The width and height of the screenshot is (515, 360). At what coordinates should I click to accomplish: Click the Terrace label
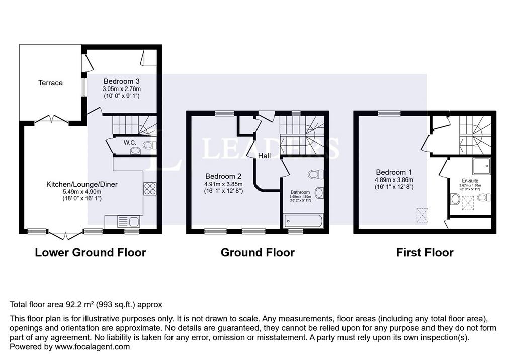click(50, 83)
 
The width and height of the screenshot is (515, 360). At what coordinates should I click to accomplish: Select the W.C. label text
click(130, 143)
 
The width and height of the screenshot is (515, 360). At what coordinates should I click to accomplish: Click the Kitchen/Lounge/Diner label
click(82, 184)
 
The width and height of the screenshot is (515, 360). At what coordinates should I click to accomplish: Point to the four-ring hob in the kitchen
click(150, 189)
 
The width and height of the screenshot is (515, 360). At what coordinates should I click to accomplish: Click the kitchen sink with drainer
click(128, 222)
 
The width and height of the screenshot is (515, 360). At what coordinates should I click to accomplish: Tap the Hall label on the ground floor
click(265, 156)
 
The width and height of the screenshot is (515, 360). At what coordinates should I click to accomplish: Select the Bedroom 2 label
click(223, 176)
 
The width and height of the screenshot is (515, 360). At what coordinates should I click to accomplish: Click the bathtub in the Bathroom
click(303, 221)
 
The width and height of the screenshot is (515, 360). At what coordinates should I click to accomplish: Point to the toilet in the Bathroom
click(316, 174)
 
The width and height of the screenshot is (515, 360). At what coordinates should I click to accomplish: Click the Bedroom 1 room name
click(394, 172)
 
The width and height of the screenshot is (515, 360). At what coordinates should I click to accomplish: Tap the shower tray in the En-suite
click(481, 166)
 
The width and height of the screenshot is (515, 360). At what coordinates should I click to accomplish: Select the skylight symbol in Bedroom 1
click(422, 215)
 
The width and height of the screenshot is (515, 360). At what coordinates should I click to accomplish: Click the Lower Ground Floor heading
click(91, 252)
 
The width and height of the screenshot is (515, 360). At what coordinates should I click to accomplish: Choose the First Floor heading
click(424, 252)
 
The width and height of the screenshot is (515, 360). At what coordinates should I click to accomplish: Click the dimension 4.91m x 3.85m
click(223, 184)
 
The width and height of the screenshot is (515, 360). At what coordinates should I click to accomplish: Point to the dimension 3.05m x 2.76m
click(122, 89)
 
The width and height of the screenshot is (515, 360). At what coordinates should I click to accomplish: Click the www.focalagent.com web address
click(93, 347)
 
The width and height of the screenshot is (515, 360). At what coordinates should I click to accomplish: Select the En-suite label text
click(470, 181)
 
